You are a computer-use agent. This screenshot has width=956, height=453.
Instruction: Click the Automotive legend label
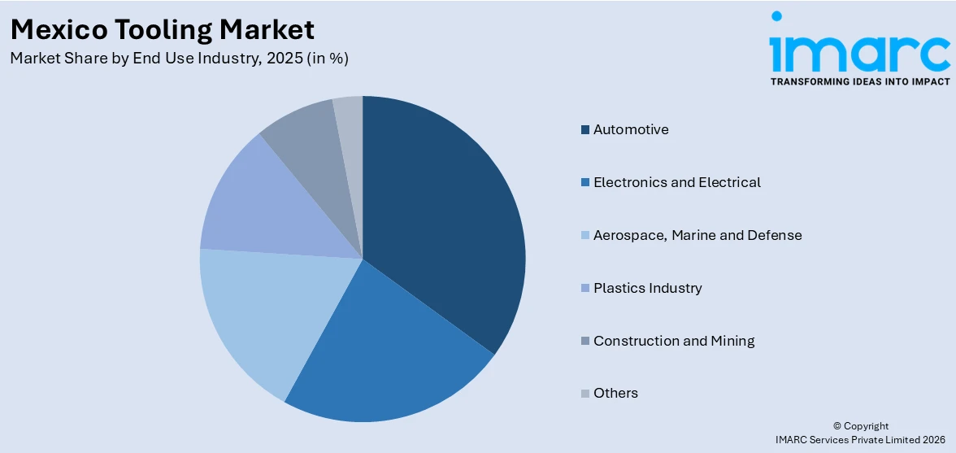(x=631, y=129)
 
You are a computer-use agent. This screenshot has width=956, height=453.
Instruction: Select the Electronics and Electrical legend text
(x=676, y=182)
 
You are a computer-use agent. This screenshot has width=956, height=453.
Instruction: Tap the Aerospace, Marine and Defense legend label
(x=697, y=235)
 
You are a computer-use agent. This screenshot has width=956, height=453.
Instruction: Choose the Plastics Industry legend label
(x=647, y=288)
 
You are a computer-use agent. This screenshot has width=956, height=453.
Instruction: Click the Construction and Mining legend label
(x=673, y=341)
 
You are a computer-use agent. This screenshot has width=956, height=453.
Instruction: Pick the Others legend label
(x=615, y=393)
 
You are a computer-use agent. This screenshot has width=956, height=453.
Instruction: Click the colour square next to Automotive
(x=585, y=130)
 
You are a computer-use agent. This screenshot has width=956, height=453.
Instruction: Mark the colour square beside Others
(x=585, y=394)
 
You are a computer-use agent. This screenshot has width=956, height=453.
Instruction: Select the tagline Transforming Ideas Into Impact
(x=859, y=82)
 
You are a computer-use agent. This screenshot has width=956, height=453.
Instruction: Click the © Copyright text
(x=861, y=426)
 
